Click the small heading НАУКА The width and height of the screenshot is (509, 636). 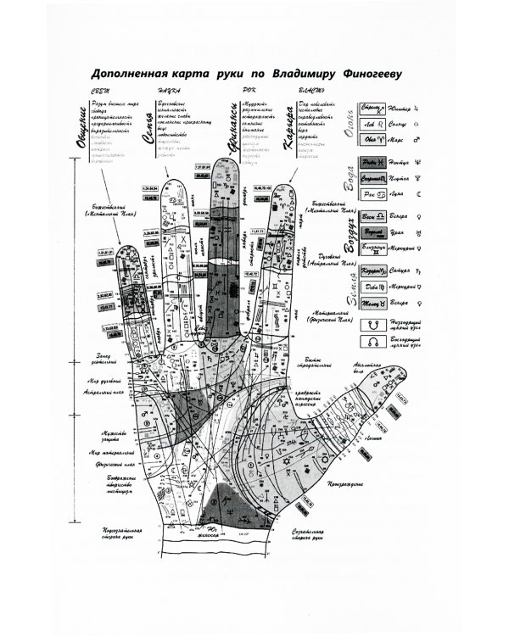162,91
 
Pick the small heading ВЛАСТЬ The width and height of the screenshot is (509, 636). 310,91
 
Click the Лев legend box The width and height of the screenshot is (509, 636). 371,125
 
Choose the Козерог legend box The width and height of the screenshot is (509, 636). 371,271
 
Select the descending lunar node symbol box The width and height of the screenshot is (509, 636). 370,323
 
